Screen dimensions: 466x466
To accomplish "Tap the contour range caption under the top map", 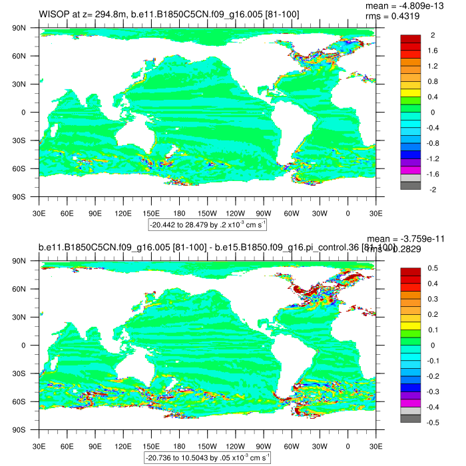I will pyautogui.click(x=208, y=225).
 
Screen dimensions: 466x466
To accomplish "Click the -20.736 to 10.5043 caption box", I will pyautogui.click(x=208, y=458).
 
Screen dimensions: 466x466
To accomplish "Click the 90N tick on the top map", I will pyautogui.click(x=27, y=28).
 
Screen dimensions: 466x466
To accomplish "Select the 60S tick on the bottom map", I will pyautogui.click(x=27, y=401).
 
